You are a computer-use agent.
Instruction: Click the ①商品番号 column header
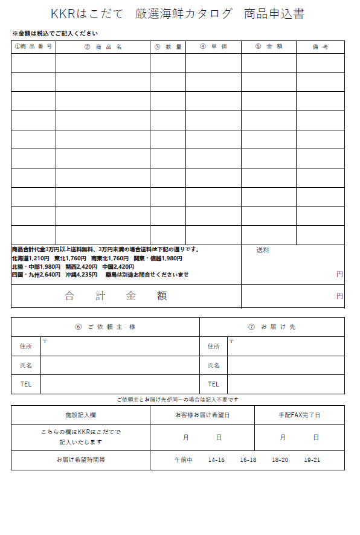pyautogui.click(x=33, y=46)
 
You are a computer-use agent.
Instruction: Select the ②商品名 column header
pyautogui.click(x=103, y=46)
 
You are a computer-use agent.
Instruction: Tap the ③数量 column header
pyautogui.click(x=167, y=46)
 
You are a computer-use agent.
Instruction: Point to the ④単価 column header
pyautogui.click(x=213, y=46)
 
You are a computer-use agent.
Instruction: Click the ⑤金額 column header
pyautogui.click(x=268, y=46)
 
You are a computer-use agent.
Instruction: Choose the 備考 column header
pyautogui.click(x=320, y=46)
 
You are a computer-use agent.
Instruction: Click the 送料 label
pyautogui.click(x=262, y=250)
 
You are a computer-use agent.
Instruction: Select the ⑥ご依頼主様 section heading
pyautogui.click(x=105, y=327)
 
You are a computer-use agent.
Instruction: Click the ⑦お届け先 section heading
pyautogui.click(x=272, y=327)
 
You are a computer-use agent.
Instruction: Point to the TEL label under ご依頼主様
pyautogui.click(x=26, y=384)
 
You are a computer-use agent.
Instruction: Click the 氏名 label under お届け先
pyautogui.click(x=213, y=365)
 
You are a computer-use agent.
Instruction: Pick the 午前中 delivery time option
pyautogui.click(x=183, y=460)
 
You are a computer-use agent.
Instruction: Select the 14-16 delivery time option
pyautogui.click(x=216, y=460)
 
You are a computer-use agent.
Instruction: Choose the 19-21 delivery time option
pyautogui.click(x=312, y=460)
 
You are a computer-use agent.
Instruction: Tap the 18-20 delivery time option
pyautogui.click(x=280, y=460)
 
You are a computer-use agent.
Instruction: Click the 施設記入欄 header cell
pyautogui.click(x=80, y=415)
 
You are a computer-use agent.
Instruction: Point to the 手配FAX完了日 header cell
pyautogui.click(x=299, y=415)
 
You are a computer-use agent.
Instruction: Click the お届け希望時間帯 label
pyautogui.click(x=80, y=460)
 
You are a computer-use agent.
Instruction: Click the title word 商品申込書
pyautogui.click(x=274, y=14)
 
